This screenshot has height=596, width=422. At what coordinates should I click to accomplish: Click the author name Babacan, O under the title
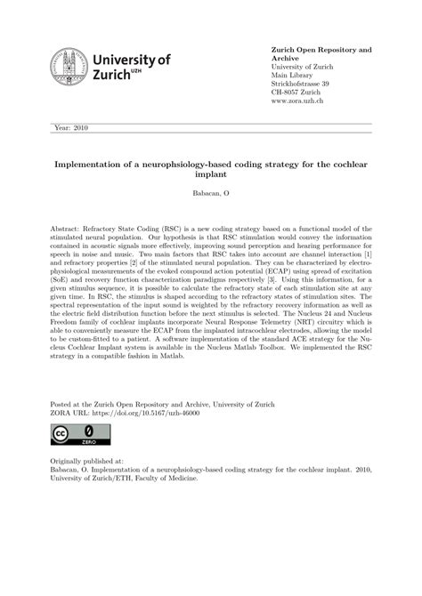[211, 193]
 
